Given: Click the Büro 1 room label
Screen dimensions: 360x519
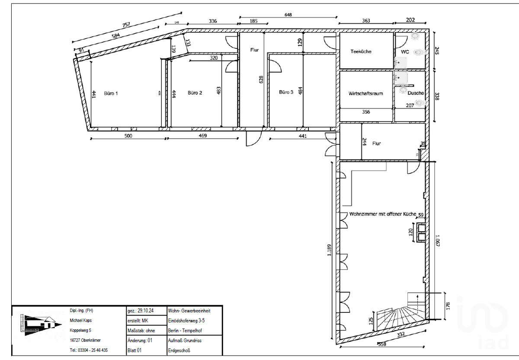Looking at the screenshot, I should click(x=111, y=92).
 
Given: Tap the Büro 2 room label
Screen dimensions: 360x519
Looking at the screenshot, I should click(x=195, y=92).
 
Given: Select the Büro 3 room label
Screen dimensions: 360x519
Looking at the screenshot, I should click(x=286, y=92).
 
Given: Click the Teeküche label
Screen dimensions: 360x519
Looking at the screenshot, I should click(x=361, y=51).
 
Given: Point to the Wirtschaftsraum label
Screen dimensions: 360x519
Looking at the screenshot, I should click(x=365, y=93).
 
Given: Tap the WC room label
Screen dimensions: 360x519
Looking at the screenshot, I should click(x=405, y=52).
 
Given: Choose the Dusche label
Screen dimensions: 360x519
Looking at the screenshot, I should click(x=415, y=93).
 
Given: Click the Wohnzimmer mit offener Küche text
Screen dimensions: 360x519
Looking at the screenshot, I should click(x=382, y=214).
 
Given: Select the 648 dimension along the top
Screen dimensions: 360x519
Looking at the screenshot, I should click(x=288, y=15).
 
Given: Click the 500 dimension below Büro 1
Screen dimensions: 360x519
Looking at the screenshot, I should click(x=128, y=136).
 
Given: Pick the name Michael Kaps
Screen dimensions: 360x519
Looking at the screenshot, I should click(x=81, y=320).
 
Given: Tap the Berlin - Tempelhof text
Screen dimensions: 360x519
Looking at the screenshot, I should click(x=185, y=331).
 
